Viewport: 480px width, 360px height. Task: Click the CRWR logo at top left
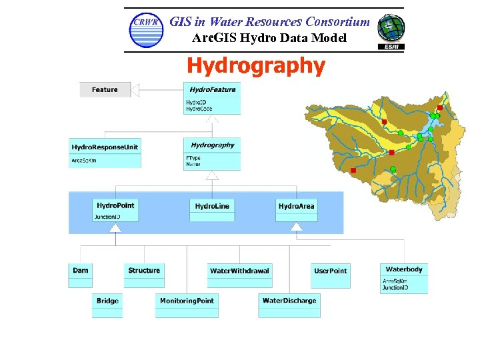pos(146,30)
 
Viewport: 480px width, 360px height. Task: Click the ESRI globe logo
pos(391,31)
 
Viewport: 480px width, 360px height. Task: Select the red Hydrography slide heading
pos(256,66)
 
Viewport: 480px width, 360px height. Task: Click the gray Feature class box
pos(105,89)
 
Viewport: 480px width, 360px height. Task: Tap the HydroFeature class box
pos(212,97)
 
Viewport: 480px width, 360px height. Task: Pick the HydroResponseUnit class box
pos(105,153)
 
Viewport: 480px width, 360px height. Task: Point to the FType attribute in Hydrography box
pos(193,158)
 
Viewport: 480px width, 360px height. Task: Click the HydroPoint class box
pos(115,209)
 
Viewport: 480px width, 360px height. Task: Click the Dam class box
pos(81,275)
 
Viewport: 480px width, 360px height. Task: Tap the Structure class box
pos(144,275)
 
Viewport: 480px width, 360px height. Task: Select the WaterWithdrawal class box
pos(239,275)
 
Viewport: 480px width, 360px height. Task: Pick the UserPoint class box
pos(330,275)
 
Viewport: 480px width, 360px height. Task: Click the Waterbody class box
pos(404,278)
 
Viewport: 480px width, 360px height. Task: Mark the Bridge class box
pos(107,305)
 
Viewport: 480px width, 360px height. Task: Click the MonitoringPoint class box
pos(187,305)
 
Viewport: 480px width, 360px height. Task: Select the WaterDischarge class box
pos(289,305)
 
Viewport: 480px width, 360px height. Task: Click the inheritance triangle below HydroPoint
pos(115,228)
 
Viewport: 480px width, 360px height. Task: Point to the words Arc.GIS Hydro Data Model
pos(269,38)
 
